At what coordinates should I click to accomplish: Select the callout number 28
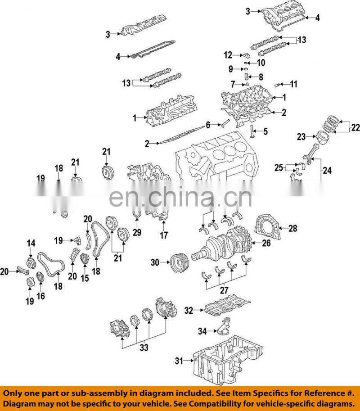[x=292, y=229]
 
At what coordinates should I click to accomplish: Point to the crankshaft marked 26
[x=220, y=245]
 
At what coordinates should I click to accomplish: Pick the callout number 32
[x=189, y=310]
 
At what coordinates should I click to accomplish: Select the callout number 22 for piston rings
[x=355, y=128]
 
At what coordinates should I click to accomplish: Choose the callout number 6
[x=208, y=125]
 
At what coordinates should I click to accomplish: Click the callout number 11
[x=293, y=84]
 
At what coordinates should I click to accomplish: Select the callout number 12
[x=229, y=55]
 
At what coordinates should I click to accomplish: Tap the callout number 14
[x=31, y=244]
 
